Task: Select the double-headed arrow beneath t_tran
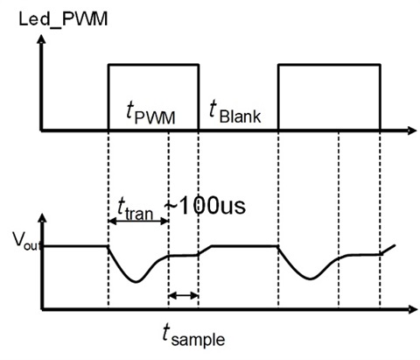[x=137, y=222]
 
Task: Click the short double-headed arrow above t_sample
[x=183, y=296]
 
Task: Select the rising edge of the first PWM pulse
[x=108, y=98]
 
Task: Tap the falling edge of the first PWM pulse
[x=199, y=98]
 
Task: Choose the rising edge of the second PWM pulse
[x=278, y=98]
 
